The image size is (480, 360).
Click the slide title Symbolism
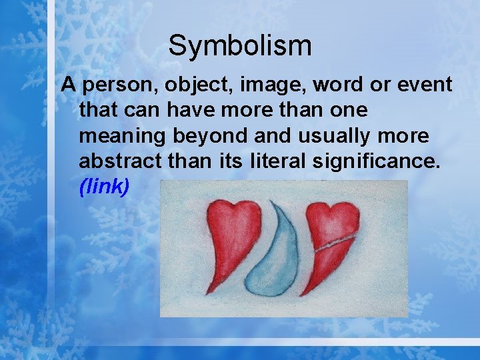(x=239, y=46)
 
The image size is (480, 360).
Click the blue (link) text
(x=104, y=187)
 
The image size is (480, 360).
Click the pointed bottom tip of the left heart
(x=209, y=291)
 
